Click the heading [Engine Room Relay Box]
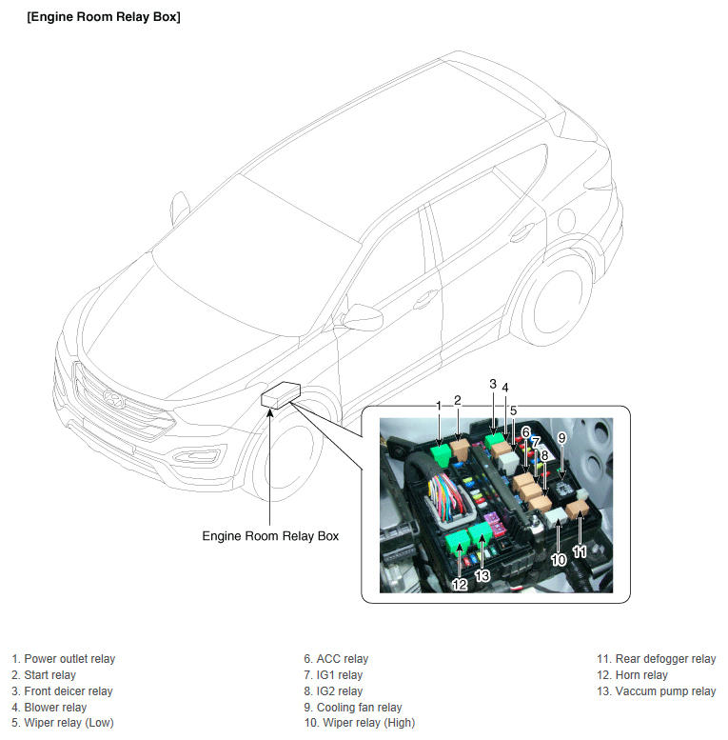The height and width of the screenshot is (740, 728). [x=104, y=17]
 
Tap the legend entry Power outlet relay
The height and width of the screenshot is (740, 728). [x=64, y=659]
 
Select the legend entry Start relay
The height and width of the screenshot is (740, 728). [x=44, y=675]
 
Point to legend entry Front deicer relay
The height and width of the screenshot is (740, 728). [x=62, y=690]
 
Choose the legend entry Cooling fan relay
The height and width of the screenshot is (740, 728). [x=353, y=707]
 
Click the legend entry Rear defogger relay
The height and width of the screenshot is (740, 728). [x=657, y=659]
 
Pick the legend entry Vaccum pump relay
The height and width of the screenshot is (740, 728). [x=657, y=690]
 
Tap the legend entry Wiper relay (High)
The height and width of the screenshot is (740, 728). [x=360, y=723]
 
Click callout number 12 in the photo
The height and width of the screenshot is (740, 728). [x=460, y=584]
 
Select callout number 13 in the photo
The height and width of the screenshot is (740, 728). [x=482, y=575]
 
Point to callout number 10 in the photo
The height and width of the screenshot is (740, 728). [x=559, y=560]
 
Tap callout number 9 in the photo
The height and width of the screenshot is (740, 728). [x=561, y=438]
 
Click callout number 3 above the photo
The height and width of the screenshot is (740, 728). [x=493, y=384]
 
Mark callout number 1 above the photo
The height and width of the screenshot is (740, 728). [x=439, y=406]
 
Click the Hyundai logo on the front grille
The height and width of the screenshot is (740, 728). [x=113, y=399]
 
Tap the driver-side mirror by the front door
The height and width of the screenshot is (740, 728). [x=362, y=317]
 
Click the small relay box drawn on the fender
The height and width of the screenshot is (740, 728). [x=281, y=395]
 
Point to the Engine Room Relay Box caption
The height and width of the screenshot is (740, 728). [x=270, y=536]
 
